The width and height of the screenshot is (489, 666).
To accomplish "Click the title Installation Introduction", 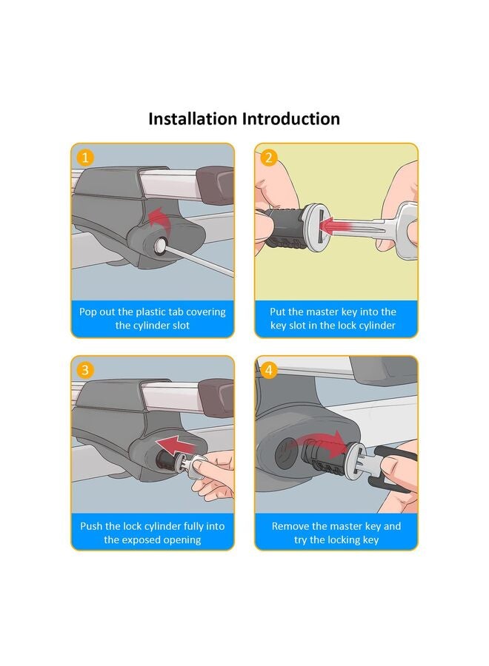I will click(x=244, y=118).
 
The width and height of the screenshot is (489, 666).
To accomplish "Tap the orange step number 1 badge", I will click(x=86, y=158).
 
